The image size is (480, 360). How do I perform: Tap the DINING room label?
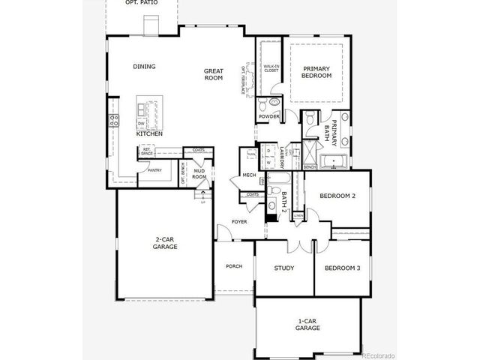pos(144,67)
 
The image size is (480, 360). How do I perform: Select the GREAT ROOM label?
pos(214,74)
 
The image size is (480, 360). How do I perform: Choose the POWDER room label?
pos(268,117)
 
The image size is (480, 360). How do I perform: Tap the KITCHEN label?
pos(149,134)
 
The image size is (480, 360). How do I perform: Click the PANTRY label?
pos(154,170)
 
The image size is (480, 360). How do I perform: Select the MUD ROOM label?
pos(199,174)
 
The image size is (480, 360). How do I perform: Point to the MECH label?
pos(249,176)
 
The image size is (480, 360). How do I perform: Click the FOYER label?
pos(239,222)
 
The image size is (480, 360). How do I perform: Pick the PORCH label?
pos(233,266)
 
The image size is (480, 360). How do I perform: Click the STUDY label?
pos(283,268)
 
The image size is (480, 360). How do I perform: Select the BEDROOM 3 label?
pos(342,268)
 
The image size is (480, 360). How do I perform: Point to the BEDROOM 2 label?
pos(337,196)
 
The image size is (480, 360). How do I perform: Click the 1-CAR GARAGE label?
pos(307,325)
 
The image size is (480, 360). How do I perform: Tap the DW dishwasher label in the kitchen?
pos(142,124)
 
